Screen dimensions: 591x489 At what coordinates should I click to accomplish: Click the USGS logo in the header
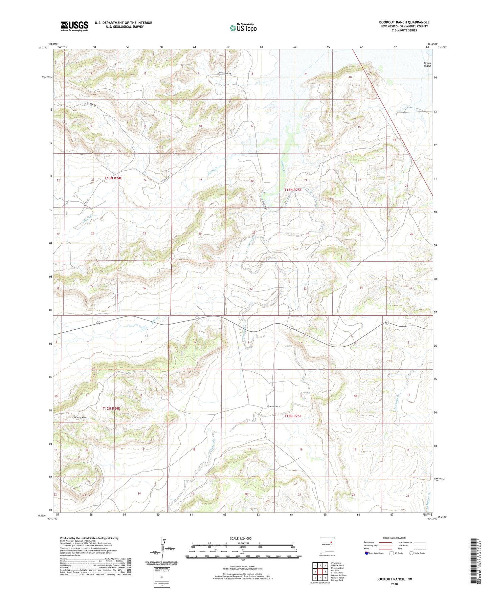(x=74, y=26)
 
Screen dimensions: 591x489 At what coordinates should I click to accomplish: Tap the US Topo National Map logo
(x=243, y=28)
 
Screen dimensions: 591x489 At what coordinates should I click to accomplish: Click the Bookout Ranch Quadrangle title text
(x=404, y=22)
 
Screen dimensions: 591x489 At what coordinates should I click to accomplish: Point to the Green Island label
(x=427, y=64)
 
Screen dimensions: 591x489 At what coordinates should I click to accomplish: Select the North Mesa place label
(x=81, y=417)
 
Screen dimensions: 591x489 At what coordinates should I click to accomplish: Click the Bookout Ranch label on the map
(x=273, y=406)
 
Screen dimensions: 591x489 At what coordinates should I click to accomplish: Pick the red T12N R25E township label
(x=293, y=416)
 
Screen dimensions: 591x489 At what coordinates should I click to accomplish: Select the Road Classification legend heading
(x=394, y=538)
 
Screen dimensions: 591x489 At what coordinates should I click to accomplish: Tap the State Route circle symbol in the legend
(x=412, y=553)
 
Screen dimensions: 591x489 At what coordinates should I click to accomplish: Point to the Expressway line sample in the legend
(x=386, y=542)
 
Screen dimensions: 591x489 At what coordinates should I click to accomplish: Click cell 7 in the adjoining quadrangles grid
(x=320, y=578)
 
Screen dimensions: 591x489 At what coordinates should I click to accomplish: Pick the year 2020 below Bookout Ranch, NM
(x=394, y=584)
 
